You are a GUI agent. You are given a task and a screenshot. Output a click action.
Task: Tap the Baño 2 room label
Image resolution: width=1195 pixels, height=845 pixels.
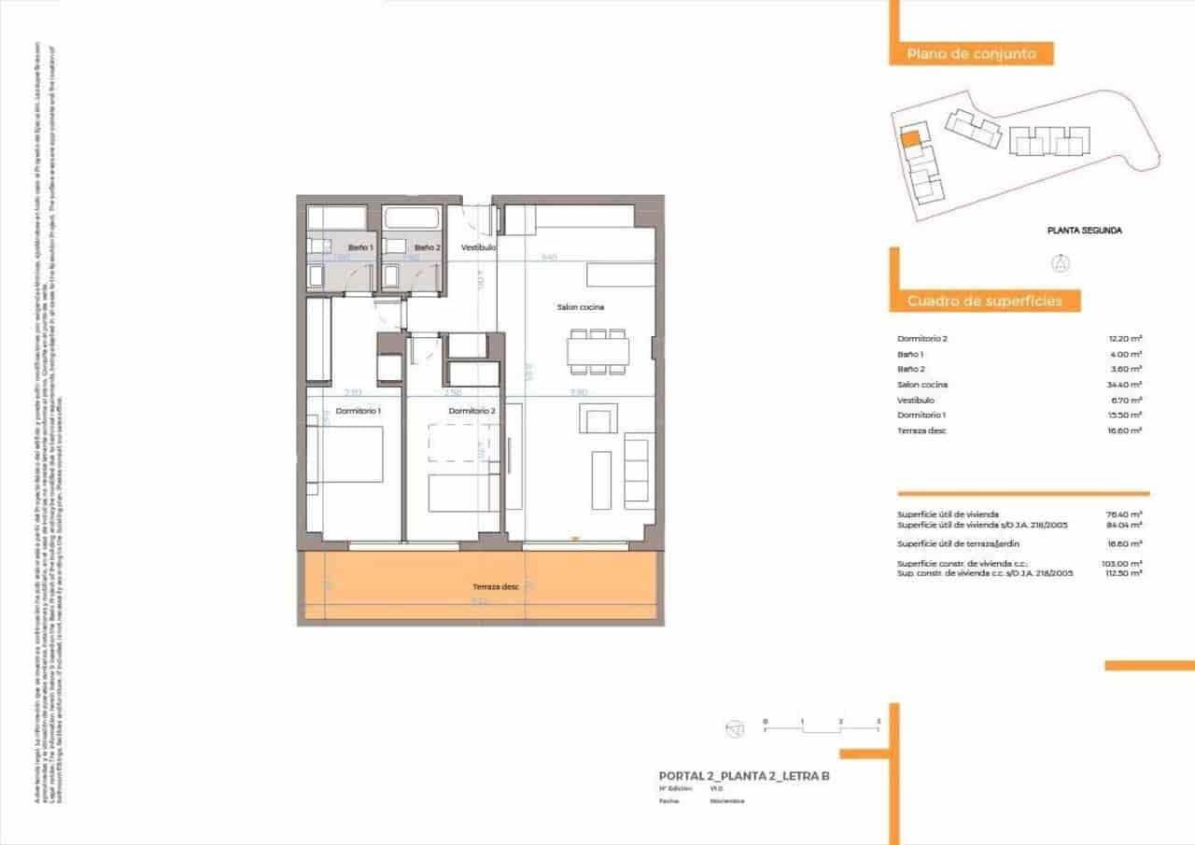(427, 247)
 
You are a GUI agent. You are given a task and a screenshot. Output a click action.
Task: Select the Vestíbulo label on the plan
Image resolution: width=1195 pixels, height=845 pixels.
(477, 247)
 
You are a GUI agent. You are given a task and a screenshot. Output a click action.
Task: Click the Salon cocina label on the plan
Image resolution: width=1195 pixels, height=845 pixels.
(581, 307)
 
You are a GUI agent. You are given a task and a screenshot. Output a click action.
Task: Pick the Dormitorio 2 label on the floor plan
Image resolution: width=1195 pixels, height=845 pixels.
(471, 411)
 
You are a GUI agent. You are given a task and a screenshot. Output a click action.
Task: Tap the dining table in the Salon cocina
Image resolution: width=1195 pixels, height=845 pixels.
(597, 351)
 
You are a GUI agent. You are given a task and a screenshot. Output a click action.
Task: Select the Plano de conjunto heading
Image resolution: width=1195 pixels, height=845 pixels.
(971, 54)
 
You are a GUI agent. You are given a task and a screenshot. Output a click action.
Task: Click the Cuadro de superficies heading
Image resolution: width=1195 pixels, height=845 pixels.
(983, 301)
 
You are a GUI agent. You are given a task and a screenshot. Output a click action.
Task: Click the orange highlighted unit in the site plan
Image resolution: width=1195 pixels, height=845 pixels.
(910, 141)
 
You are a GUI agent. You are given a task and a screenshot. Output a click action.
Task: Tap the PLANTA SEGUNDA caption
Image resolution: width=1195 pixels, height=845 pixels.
(1084, 230)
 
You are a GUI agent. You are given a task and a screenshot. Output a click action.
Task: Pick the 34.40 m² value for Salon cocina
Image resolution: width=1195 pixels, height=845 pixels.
(1125, 385)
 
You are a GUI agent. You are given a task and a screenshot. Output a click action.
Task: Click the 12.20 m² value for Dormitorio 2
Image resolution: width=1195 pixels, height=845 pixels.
(1125, 339)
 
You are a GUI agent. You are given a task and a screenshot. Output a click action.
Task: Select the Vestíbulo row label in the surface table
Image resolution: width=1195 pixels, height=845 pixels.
(916, 400)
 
